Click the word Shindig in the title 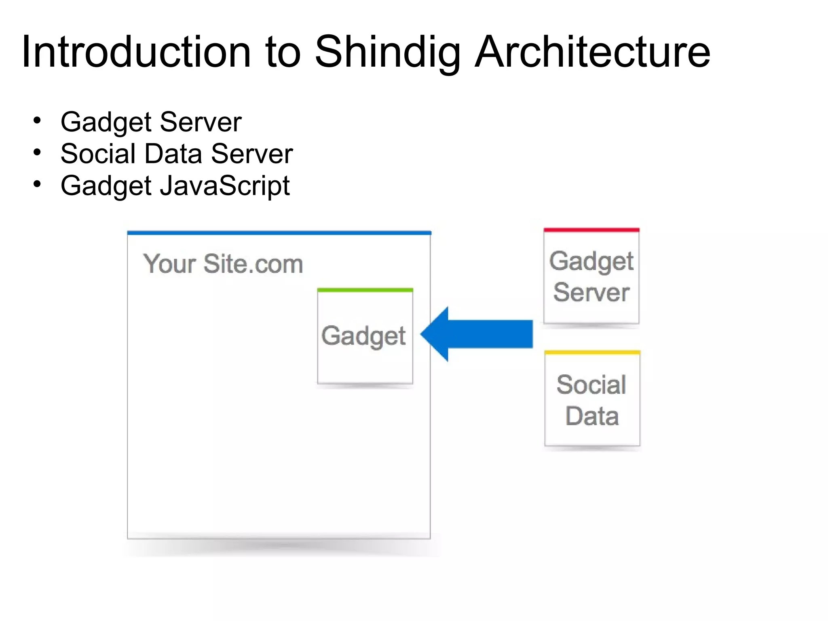(x=387, y=53)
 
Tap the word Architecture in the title (x=592, y=53)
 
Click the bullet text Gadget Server (x=151, y=122)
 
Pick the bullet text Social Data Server (x=177, y=154)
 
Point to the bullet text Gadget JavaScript (x=175, y=186)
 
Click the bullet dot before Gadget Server (x=38, y=120)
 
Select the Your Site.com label (x=223, y=264)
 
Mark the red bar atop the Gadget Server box (x=591, y=230)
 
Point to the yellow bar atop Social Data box (x=592, y=353)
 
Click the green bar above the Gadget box (x=365, y=290)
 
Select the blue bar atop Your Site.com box (x=279, y=233)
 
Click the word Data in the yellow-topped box (x=592, y=416)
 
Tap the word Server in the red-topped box (x=591, y=292)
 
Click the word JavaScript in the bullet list (x=225, y=186)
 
